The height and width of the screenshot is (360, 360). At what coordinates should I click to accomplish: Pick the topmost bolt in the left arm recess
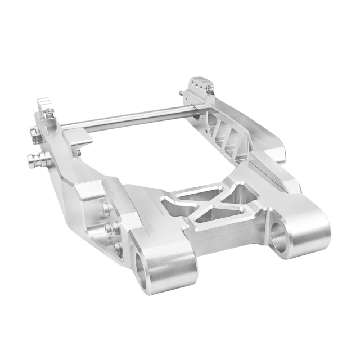(x=107, y=209)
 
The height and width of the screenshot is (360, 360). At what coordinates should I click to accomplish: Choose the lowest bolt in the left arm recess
(x=118, y=248)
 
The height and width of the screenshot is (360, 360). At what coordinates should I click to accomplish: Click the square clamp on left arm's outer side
(x=35, y=134)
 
